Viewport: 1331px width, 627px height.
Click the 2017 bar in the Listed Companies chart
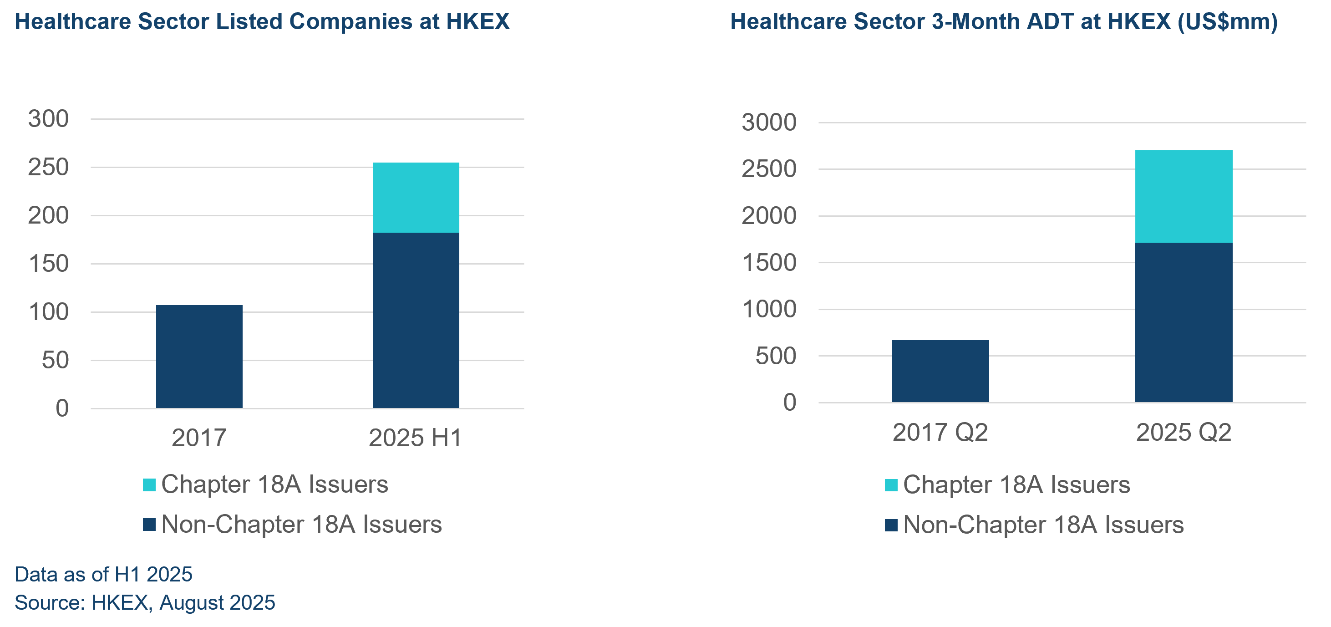tap(199, 357)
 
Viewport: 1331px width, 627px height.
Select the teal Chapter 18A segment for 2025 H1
tap(416, 198)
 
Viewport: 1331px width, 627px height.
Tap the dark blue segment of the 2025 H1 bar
tap(416, 321)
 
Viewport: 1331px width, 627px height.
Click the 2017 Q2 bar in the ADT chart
tap(940, 371)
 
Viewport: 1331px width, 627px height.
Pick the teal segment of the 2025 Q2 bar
tap(1184, 196)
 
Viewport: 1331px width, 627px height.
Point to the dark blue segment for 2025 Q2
tap(1184, 322)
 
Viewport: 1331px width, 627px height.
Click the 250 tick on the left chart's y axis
tap(48, 168)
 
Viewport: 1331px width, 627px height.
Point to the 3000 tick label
tap(769, 122)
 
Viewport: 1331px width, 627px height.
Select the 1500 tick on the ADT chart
tap(769, 263)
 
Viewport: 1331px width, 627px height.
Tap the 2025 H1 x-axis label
tap(415, 438)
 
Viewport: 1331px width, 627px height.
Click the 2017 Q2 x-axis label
tap(940, 433)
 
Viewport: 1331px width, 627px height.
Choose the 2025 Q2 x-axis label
tap(1183, 433)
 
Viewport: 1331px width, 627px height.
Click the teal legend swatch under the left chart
tap(149, 485)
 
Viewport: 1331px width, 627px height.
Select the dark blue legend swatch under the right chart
tap(891, 525)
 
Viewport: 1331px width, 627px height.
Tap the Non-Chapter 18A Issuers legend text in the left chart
tap(301, 525)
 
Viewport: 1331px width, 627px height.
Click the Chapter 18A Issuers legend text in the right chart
tap(1016, 485)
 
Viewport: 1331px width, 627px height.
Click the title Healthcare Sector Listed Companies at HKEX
tap(262, 22)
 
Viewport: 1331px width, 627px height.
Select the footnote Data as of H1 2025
tap(103, 574)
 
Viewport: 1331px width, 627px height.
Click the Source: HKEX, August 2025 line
tap(145, 603)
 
